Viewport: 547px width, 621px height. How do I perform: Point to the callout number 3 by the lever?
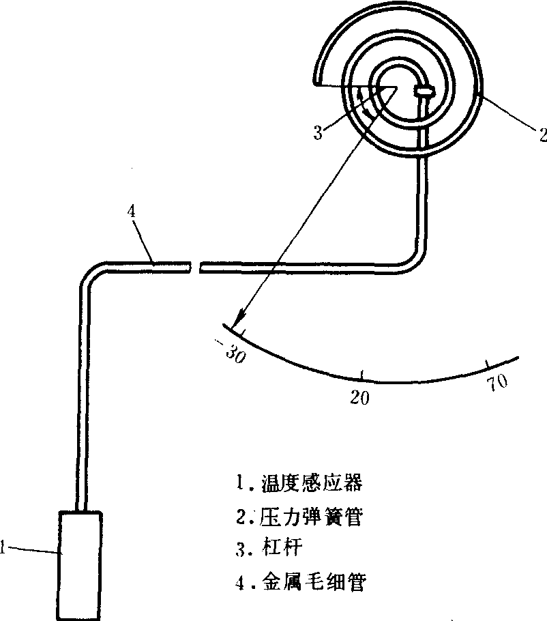tap(318, 132)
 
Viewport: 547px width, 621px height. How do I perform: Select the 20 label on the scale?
tap(359, 398)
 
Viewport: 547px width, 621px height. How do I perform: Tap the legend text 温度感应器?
tap(311, 483)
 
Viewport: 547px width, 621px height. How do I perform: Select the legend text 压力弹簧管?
tap(311, 517)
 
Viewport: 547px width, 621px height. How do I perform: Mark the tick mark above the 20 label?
tap(361, 375)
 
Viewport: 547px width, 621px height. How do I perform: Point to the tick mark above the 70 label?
tap(487, 363)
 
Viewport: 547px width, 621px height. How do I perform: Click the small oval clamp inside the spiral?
tap(424, 89)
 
